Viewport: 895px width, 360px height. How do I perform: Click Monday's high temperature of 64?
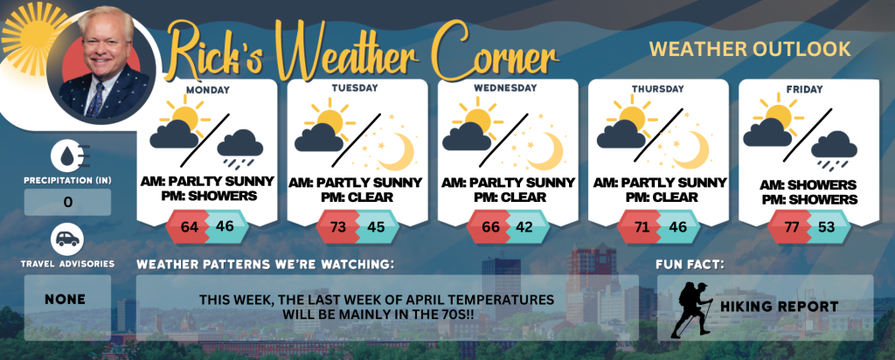[x=189, y=226]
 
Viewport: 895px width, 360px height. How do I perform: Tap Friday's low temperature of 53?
[x=827, y=226]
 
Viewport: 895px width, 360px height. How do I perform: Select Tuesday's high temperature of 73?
[x=338, y=226]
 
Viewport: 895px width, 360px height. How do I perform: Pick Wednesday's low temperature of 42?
[x=524, y=226]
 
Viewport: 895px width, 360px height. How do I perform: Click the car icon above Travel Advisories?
[x=67, y=239]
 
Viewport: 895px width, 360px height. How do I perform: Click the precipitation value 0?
[x=68, y=203]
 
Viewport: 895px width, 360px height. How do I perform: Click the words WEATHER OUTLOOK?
[x=750, y=49]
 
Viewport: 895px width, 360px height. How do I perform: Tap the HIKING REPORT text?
[x=779, y=307]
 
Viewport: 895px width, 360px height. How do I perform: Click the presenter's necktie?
[x=95, y=100]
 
